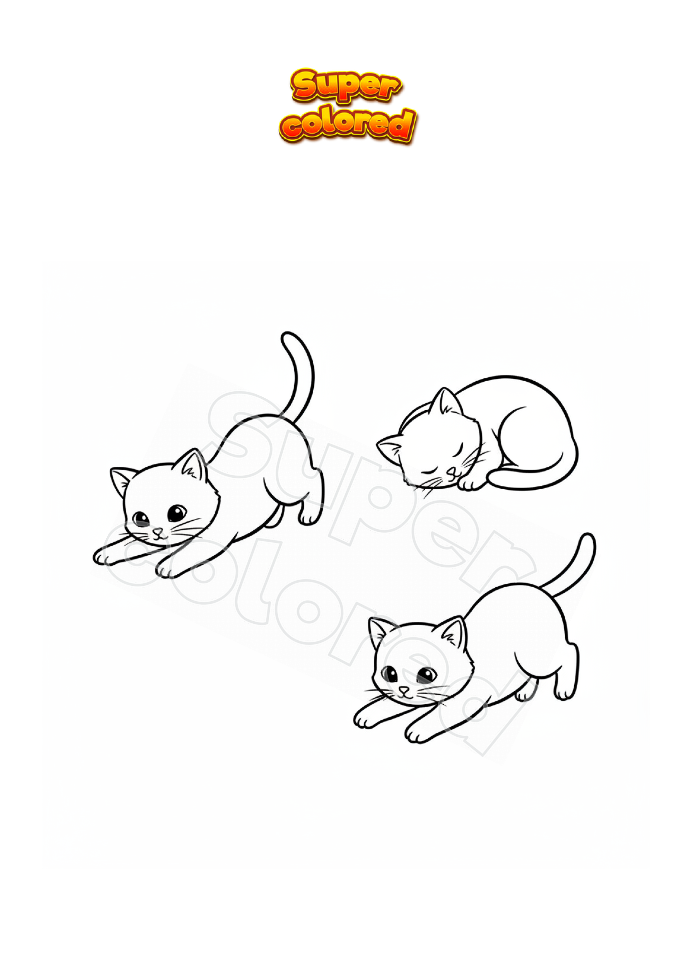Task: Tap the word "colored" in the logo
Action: click(347, 124)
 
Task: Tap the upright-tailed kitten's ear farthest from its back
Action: click(121, 481)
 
